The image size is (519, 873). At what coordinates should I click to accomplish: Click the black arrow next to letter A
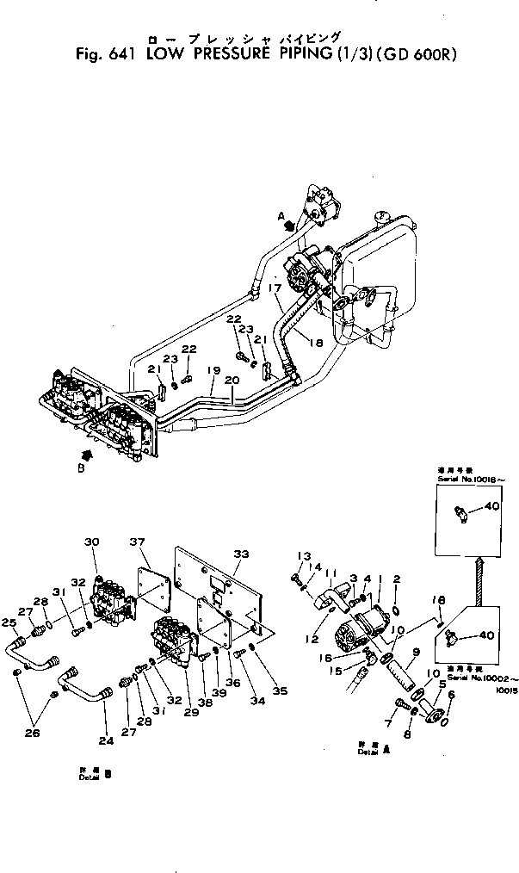point(291,226)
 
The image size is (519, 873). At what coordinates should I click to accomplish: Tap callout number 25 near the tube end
point(9,622)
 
